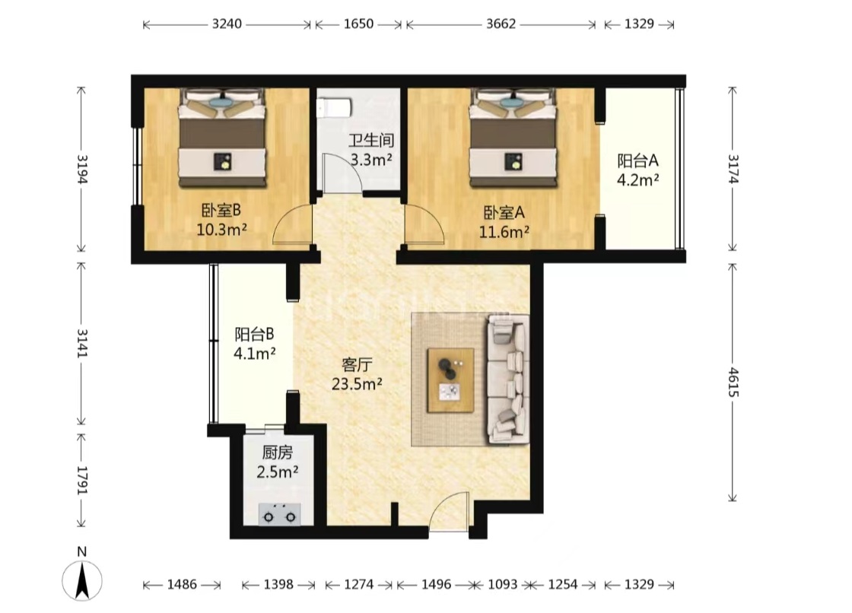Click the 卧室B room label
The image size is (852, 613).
tap(221, 211)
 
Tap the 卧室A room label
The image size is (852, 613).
tap(504, 212)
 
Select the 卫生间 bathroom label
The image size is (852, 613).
tap(371, 141)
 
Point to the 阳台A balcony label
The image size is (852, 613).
tap(638, 161)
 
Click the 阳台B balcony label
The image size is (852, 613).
tap(254, 334)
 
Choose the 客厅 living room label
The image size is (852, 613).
tap(357, 364)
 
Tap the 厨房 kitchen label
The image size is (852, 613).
tap(277, 452)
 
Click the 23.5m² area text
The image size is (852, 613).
tap(357, 383)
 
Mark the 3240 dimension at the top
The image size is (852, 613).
tap(227, 24)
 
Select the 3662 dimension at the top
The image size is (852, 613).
tap(501, 24)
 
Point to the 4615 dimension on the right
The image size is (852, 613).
tap(733, 382)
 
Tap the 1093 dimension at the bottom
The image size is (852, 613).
tap(503, 585)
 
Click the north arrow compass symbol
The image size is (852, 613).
tap(82, 580)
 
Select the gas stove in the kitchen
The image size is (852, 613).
tap(279, 514)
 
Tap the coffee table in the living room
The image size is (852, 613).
tap(450, 380)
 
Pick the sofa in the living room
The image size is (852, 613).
tap(508, 379)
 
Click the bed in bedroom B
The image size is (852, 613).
tap(223, 138)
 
